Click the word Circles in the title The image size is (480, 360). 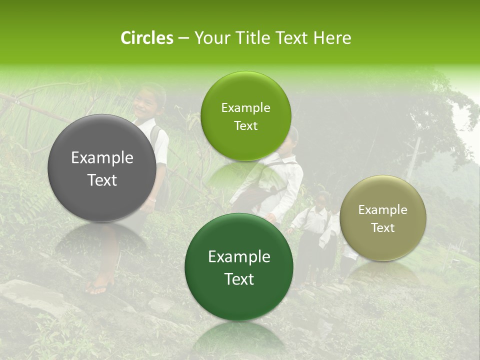[146, 38]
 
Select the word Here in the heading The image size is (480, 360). [332, 38]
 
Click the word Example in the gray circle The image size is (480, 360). [102, 158]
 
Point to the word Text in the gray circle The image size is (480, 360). [102, 180]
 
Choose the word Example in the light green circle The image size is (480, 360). [245, 108]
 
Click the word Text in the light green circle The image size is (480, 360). [245, 126]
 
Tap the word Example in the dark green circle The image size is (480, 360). [239, 257]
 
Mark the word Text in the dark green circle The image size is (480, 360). [239, 279]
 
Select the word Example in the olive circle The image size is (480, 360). [383, 210]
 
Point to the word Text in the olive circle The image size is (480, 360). [383, 228]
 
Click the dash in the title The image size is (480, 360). [183, 38]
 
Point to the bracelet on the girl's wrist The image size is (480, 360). [152, 199]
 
